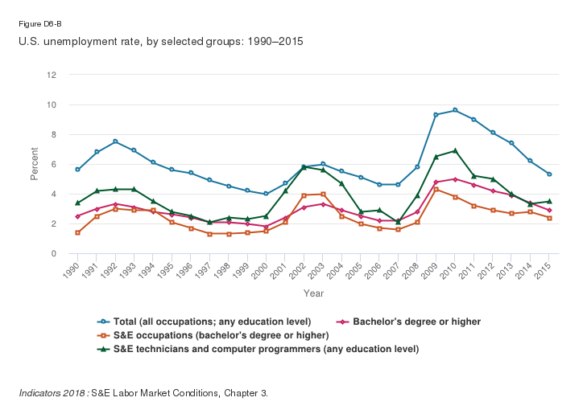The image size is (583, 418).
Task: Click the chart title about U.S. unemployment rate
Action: tap(161, 40)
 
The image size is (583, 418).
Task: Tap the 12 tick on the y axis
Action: tap(52, 75)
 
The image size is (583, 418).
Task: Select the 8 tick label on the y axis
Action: tap(53, 134)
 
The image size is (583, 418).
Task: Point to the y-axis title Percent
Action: tap(34, 164)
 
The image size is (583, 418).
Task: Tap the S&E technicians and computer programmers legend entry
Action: tap(263, 349)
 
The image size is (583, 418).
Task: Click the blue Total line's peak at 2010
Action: tap(455, 110)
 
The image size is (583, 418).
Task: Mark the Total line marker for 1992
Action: tap(116, 141)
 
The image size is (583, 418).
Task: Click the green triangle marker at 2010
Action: tap(455, 150)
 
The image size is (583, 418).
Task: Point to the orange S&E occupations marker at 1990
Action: tap(77, 232)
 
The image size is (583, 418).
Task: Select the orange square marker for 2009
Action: tap(436, 189)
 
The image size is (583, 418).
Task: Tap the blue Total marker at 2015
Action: tap(549, 174)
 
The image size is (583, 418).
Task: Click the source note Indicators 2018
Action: tap(143, 393)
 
